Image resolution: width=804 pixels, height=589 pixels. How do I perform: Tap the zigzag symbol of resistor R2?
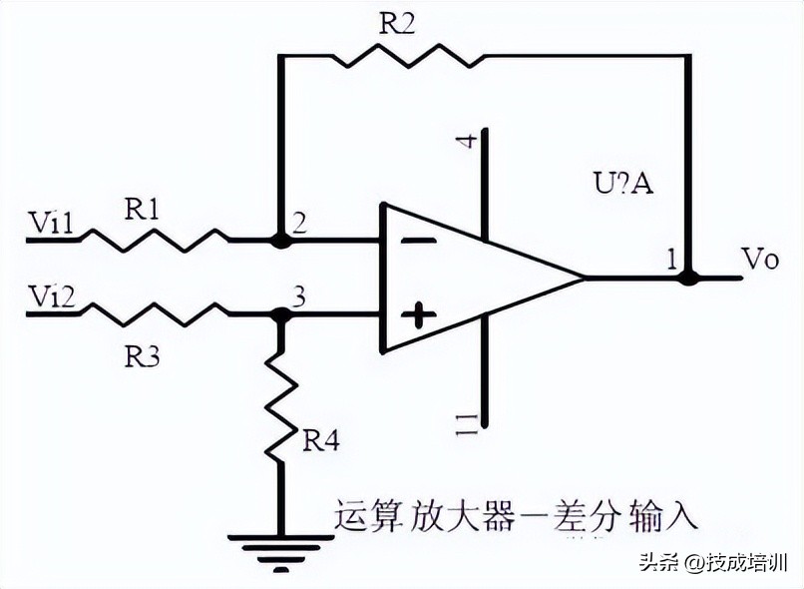[x=406, y=56]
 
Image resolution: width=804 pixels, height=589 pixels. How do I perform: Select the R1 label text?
[x=144, y=209]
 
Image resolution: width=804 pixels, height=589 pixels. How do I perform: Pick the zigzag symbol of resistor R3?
[x=154, y=313]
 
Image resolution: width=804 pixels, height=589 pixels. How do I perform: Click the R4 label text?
[x=320, y=440]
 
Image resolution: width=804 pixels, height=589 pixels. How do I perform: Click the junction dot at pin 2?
[x=281, y=240]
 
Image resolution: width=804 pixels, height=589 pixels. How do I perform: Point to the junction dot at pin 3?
[x=281, y=314]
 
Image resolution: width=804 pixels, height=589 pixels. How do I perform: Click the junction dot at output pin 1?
[x=687, y=278]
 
